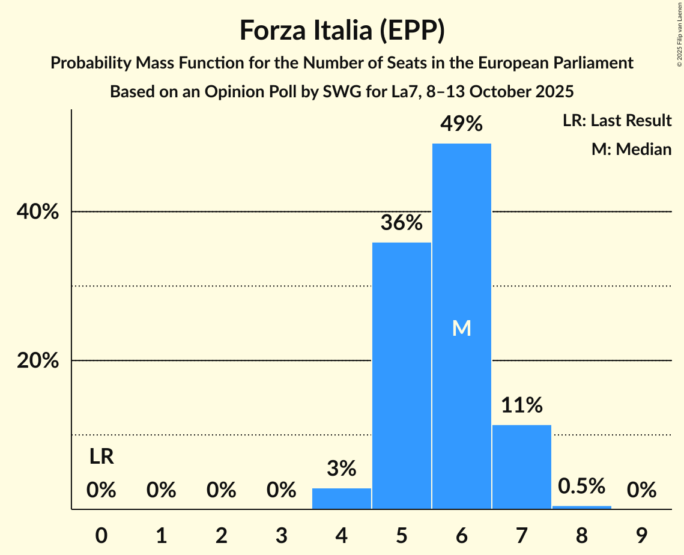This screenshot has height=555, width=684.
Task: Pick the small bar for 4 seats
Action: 342,499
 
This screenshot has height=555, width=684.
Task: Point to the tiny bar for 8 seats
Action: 581,507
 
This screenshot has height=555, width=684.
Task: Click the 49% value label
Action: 461,124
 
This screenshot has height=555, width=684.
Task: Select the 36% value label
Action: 401,223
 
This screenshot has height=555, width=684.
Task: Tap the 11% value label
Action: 521,405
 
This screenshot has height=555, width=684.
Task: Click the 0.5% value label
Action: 581,486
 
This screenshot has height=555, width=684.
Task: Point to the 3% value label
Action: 342,469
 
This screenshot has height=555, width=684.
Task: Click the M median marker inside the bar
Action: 461,328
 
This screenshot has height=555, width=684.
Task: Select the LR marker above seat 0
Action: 101,457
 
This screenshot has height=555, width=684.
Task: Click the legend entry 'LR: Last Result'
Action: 617,121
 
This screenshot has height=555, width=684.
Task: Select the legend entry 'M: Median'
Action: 631,149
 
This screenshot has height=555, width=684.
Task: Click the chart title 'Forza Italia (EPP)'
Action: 342,31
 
